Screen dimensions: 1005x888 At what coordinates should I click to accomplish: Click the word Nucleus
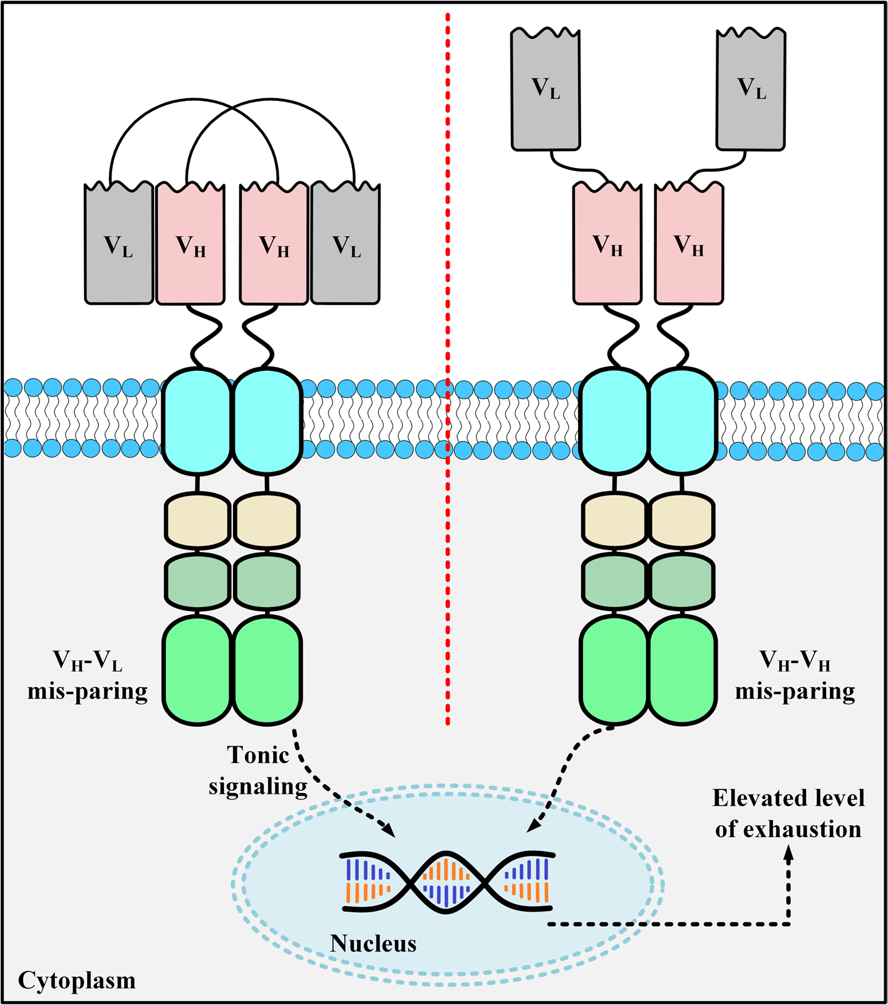(x=373, y=943)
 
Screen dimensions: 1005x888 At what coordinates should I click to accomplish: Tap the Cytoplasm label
(x=76, y=980)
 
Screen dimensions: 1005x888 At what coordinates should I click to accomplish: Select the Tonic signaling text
(x=258, y=770)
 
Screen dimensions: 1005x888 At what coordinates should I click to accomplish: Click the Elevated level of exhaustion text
(x=788, y=813)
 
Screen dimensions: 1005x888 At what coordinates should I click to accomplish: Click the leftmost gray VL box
(x=119, y=243)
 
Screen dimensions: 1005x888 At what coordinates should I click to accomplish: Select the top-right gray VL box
(x=751, y=89)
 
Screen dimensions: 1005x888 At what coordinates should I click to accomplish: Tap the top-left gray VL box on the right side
(x=545, y=89)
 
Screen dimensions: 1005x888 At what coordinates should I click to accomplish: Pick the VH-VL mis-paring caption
(x=88, y=675)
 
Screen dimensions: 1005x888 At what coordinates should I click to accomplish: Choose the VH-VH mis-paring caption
(x=795, y=675)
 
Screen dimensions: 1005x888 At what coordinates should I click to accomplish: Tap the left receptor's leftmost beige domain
(x=197, y=520)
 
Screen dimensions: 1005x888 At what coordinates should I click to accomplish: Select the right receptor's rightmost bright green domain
(x=683, y=669)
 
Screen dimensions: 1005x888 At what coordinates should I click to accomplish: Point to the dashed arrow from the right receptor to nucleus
(x=564, y=777)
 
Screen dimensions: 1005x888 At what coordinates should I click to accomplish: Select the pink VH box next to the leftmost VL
(x=190, y=243)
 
